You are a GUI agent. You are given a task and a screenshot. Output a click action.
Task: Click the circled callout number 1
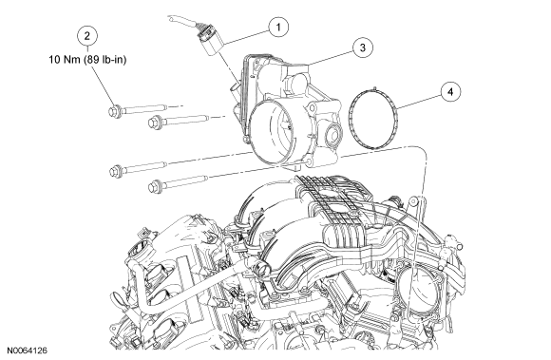[x=278, y=27]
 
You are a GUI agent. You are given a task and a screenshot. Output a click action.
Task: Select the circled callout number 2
[x=87, y=35]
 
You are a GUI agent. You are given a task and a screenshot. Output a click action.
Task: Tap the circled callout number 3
[x=363, y=47]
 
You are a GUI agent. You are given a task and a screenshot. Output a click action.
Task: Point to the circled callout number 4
[x=450, y=92]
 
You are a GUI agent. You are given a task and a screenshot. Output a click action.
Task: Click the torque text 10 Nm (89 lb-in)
[x=87, y=60]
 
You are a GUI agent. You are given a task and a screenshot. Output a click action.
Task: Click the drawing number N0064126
[x=28, y=351]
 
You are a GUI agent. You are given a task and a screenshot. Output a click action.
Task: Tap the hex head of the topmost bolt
[x=113, y=110]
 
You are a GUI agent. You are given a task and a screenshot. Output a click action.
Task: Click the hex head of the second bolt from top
[x=154, y=123]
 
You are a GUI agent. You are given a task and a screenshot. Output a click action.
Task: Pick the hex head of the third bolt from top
[x=114, y=170]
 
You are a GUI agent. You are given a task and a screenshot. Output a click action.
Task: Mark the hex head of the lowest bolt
[x=154, y=186]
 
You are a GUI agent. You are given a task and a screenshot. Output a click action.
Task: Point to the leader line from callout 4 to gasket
[x=419, y=100]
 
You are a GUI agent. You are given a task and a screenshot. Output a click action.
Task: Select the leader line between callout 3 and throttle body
[x=331, y=58]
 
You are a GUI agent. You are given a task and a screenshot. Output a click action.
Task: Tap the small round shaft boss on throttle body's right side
[x=332, y=134]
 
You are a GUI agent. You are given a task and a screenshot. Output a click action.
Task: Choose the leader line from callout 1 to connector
[x=247, y=38]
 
